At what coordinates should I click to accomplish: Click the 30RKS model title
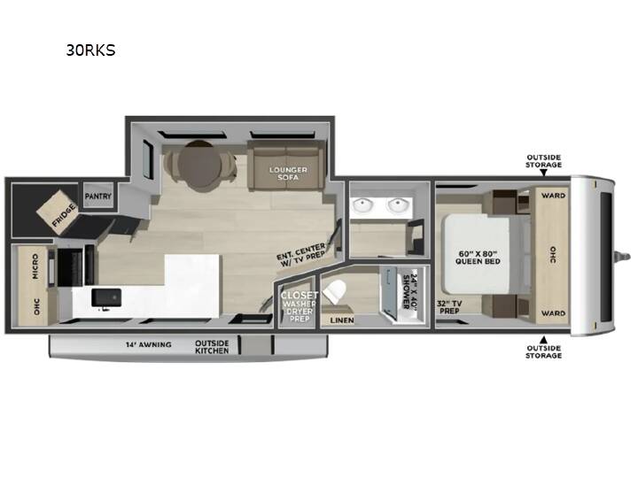click(x=90, y=50)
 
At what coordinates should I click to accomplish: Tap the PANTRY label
click(x=98, y=196)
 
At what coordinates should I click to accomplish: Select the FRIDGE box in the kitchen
click(x=58, y=212)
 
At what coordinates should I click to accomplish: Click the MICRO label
click(x=35, y=266)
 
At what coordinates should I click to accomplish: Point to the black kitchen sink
click(x=106, y=297)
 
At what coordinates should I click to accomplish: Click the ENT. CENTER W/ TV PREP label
click(x=301, y=255)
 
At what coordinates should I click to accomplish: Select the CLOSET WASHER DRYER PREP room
click(x=299, y=302)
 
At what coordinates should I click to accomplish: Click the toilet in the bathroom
click(x=335, y=292)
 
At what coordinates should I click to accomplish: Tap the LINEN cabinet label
click(x=342, y=320)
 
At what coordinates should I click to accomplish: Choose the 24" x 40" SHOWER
click(x=404, y=293)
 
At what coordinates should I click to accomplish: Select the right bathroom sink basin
click(x=398, y=205)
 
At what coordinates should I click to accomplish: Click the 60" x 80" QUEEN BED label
click(x=478, y=258)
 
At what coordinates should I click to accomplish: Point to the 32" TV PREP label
click(x=449, y=307)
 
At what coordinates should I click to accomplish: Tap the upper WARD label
click(x=553, y=196)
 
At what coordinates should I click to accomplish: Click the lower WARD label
click(x=553, y=313)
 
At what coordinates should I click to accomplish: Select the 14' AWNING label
click(x=148, y=344)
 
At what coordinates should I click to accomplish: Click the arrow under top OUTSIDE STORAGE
click(x=543, y=173)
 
